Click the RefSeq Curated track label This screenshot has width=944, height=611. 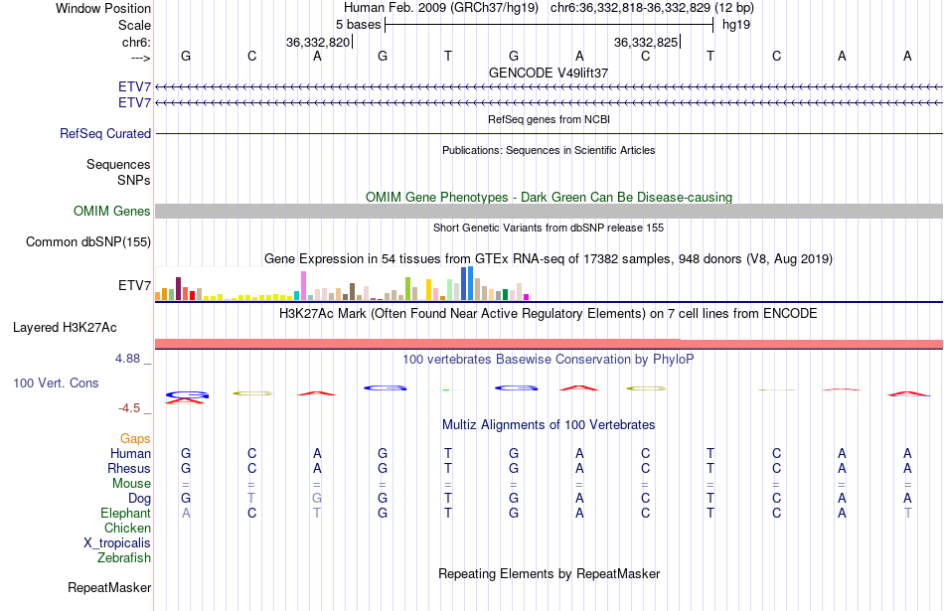(x=105, y=133)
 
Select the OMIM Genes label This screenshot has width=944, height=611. (x=112, y=211)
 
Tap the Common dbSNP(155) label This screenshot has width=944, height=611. (x=88, y=241)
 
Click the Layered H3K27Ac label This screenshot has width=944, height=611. (x=81, y=326)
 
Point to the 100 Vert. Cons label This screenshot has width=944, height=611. (x=56, y=382)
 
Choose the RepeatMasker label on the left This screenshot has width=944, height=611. (x=109, y=587)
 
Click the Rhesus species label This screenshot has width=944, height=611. (x=129, y=468)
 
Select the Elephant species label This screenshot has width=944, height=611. (x=125, y=513)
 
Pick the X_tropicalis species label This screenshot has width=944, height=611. (x=117, y=542)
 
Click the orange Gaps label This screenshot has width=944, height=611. (x=135, y=438)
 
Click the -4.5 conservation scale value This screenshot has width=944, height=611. (x=132, y=407)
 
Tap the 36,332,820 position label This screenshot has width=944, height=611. (x=318, y=42)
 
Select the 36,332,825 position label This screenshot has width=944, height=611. (x=646, y=42)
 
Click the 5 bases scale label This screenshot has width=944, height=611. (x=358, y=24)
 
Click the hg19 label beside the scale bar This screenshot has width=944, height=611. (x=735, y=24)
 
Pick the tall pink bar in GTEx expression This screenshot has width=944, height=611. (x=303, y=284)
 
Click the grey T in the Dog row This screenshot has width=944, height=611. (x=251, y=498)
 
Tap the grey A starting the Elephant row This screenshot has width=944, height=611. (x=186, y=513)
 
